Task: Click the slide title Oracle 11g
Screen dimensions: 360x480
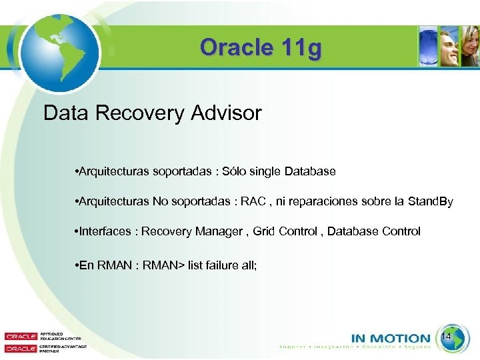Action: [x=259, y=48]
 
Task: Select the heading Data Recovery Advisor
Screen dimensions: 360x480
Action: [x=152, y=113]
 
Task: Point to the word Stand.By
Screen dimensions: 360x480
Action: [x=429, y=201]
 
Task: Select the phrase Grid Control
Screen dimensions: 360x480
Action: [x=283, y=231]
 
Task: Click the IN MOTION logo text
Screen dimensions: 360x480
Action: [x=391, y=339]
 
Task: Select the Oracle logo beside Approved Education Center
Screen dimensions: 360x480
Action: [x=21, y=337]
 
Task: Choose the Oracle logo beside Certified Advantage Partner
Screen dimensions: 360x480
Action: [x=21, y=348]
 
